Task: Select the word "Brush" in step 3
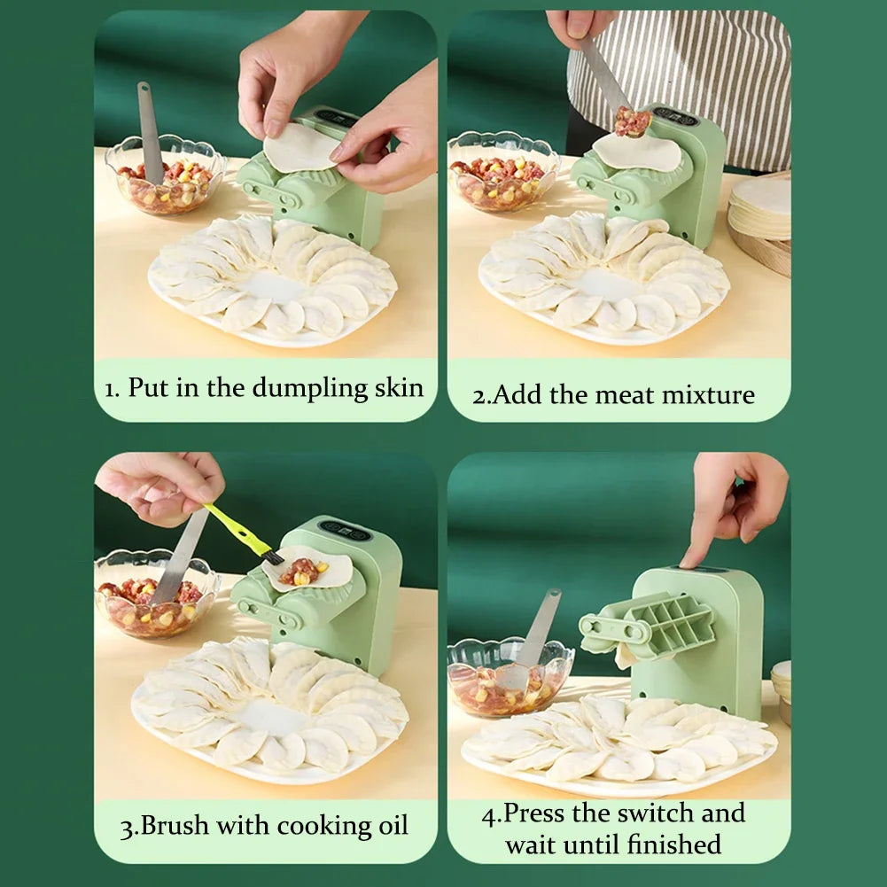coord(175,825)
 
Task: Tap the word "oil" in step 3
coord(393,825)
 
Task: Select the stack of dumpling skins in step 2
coord(759,207)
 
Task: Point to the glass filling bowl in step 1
coord(165,175)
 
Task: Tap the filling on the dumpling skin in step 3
coord(303,572)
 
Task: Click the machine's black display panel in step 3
coord(345,531)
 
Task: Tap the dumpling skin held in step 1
coord(300,148)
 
